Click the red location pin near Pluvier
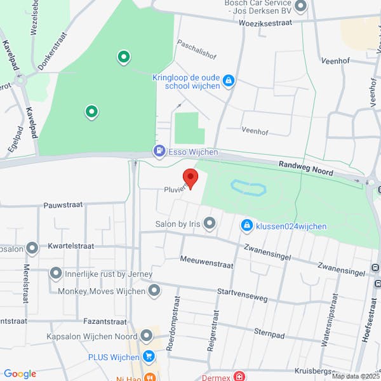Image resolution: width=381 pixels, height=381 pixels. point(190,177)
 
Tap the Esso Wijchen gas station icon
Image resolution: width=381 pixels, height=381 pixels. point(159,151)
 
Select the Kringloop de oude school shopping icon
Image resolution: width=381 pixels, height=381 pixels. point(229,81)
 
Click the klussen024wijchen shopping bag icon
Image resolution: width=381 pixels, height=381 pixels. point(246,225)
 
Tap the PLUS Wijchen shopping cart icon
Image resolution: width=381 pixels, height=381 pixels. point(149,356)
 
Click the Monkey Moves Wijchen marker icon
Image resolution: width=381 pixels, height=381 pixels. point(154,291)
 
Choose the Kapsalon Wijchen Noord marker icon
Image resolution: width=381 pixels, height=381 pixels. point(147,335)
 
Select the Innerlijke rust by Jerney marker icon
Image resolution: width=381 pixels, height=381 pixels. point(55,274)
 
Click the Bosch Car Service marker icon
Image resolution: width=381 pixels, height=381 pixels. point(301,6)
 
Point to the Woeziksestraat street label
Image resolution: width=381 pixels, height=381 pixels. point(265,22)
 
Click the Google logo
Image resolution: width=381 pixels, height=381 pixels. point(20,374)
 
